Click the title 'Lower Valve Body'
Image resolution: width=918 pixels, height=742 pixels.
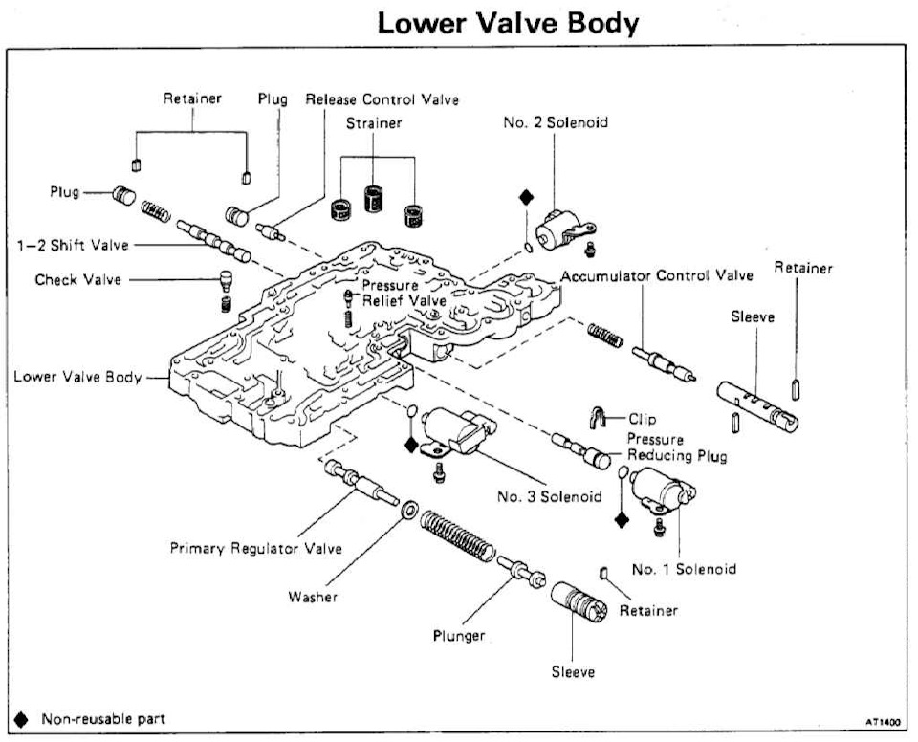click(508, 23)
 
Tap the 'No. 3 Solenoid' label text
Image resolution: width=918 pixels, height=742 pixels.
click(549, 496)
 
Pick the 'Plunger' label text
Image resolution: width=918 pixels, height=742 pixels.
click(459, 636)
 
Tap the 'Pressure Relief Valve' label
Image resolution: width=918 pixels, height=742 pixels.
click(394, 293)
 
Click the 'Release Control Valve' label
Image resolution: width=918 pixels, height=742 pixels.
click(382, 99)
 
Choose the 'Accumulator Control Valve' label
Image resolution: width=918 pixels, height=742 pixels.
click(657, 275)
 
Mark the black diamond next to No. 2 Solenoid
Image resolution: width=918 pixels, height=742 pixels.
click(524, 197)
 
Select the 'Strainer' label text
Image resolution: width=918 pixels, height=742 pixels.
click(375, 123)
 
